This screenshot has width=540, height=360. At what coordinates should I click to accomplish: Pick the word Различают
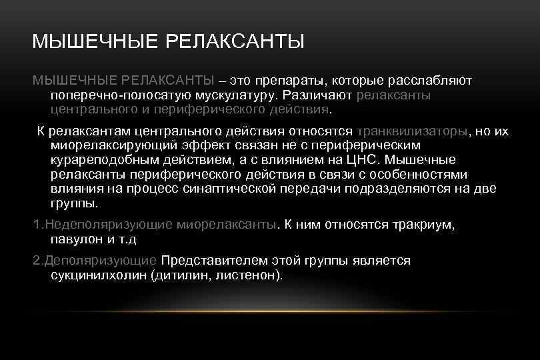[x=319, y=95]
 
